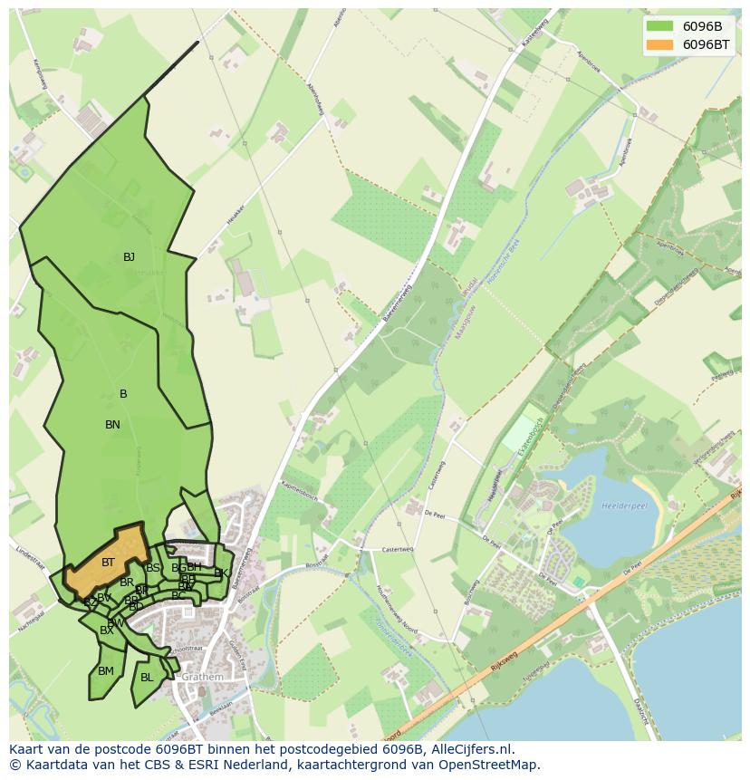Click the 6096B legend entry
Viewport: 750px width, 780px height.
pyautogui.click(x=702, y=26)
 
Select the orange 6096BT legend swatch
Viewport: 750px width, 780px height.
pyautogui.click(x=659, y=44)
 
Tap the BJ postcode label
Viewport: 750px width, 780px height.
pyautogui.click(x=129, y=257)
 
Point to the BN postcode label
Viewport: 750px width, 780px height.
pyautogui.click(x=112, y=425)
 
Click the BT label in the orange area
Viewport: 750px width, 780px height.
pyautogui.click(x=108, y=563)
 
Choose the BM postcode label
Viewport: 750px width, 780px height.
pyautogui.click(x=106, y=671)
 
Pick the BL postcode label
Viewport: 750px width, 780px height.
pyautogui.click(x=147, y=678)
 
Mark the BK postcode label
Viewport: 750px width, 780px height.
pyautogui.click(x=220, y=573)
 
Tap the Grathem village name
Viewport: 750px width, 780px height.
pyautogui.click(x=202, y=678)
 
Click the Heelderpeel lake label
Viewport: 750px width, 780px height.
pyautogui.click(x=622, y=506)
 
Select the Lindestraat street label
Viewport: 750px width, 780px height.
pyautogui.click(x=30, y=553)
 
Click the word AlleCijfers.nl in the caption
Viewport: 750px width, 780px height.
pyautogui.click(x=471, y=749)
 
